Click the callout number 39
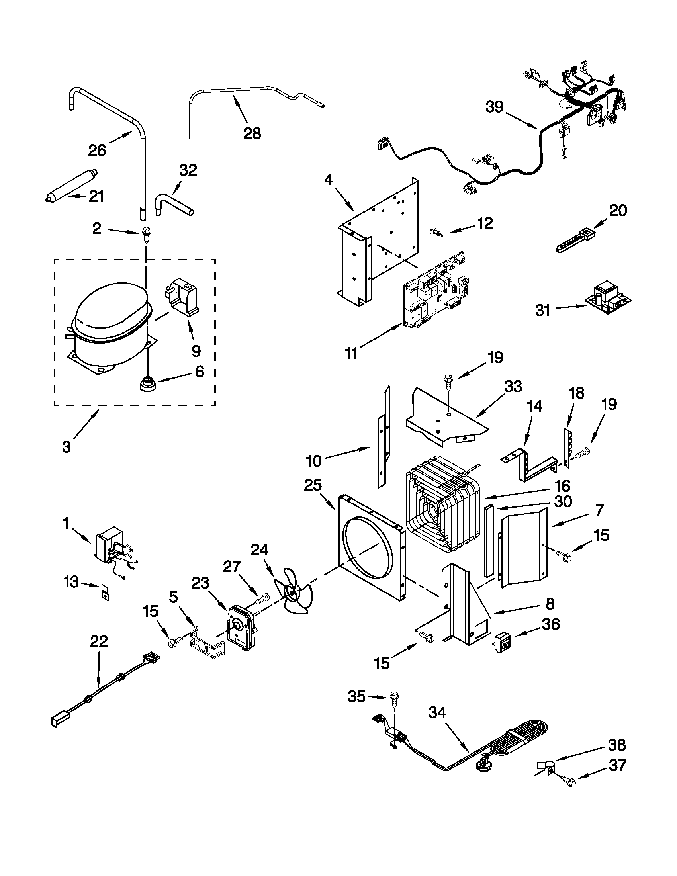point(495,107)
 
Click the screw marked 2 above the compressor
point(145,233)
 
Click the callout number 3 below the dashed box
point(67,446)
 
